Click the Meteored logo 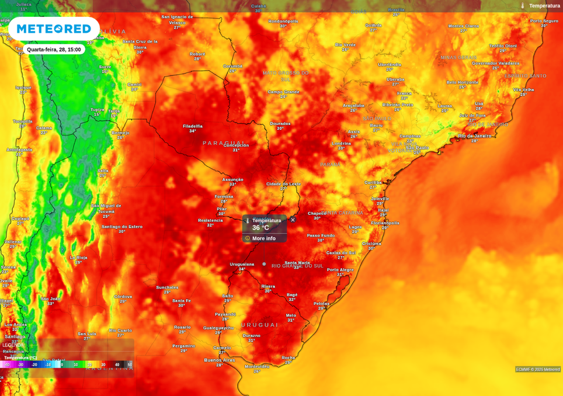[54, 29]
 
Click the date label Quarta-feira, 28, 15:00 [54, 50]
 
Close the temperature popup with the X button [293, 220]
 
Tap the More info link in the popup [263, 238]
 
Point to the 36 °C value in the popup [260, 228]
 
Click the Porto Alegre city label [340, 270]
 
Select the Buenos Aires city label [220, 360]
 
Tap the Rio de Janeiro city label [474, 136]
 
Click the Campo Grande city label [283, 92]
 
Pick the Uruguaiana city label [242, 264]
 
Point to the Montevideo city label [257, 366]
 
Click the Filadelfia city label [193, 126]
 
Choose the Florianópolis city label [385, 223]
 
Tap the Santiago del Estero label [122, 227]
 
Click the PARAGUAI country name [223, 143]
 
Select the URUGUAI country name [260, 325]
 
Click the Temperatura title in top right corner [544, 6]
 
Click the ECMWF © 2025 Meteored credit [538, 369]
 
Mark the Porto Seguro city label [544, 21]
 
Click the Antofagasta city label [19, 150]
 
